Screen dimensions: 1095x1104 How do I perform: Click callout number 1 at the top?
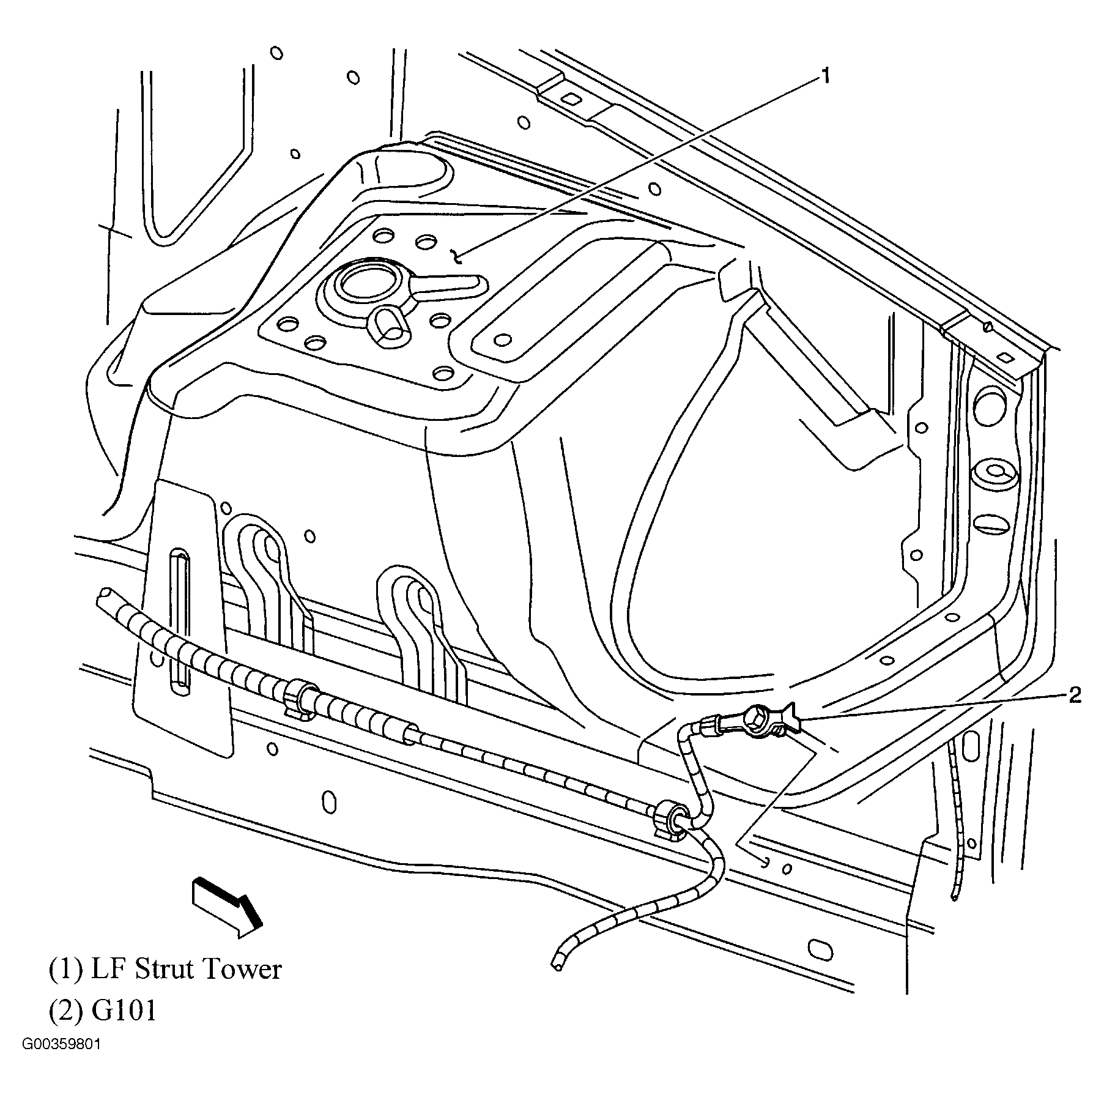pos(825,76)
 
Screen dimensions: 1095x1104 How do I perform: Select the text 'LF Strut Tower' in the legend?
pos(187,970)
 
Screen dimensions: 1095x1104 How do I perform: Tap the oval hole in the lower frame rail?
pos(329,801)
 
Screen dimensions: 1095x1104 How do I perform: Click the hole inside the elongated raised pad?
pos(503,339)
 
